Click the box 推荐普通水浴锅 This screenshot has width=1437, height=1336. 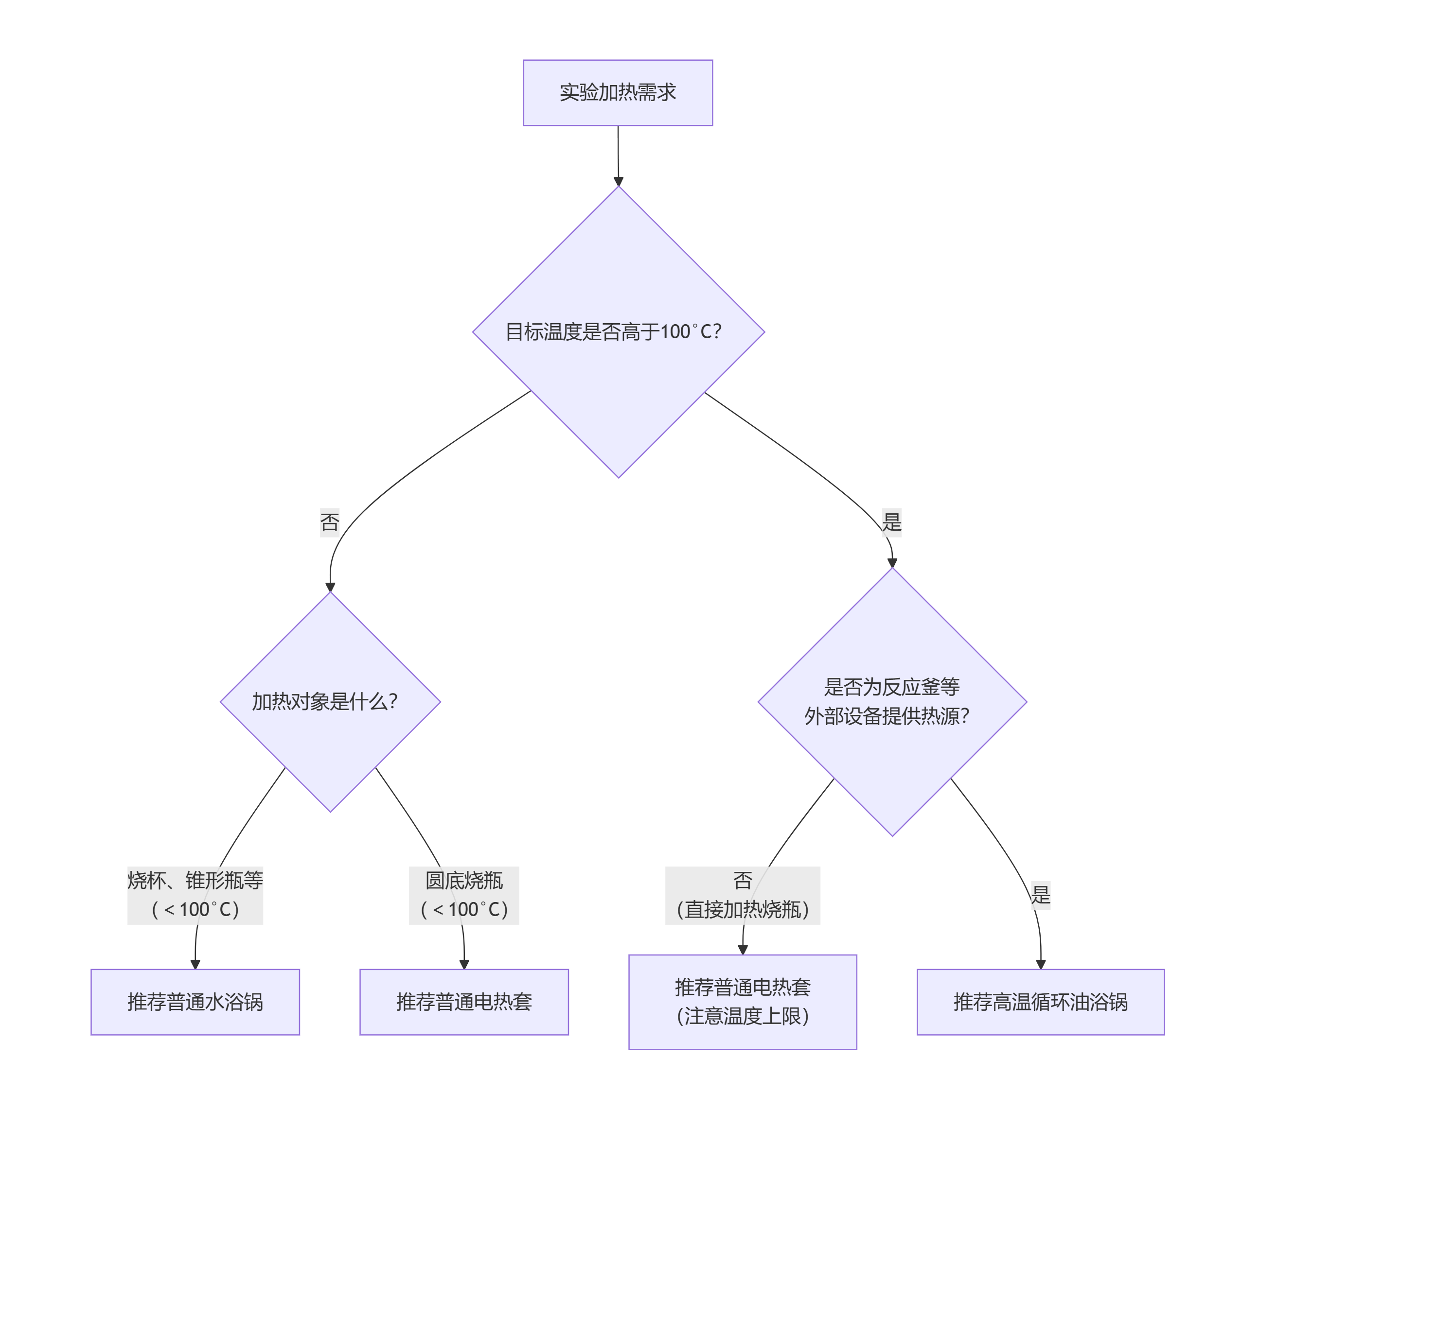click(195, 1002)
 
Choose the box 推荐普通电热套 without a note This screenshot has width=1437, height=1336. click(464, 1002)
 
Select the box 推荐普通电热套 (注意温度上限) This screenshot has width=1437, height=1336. click(743, 1002)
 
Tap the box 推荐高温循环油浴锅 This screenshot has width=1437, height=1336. click(1040, 1002)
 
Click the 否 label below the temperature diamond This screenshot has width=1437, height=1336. click(330, 521)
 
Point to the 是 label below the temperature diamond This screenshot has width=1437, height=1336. click(892, 521)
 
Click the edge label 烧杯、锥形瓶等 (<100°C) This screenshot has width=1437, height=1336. click(195, 895)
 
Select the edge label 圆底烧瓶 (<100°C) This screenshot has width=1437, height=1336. click(464, 895)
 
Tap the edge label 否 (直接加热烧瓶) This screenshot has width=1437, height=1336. click(743, 895)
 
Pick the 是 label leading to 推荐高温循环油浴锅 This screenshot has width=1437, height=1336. click(1040, 895)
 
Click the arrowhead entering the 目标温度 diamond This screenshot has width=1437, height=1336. click(618, 181)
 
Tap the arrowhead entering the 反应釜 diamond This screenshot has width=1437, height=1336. click(892, 562)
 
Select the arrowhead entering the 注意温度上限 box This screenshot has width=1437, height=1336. click(743, 950)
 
